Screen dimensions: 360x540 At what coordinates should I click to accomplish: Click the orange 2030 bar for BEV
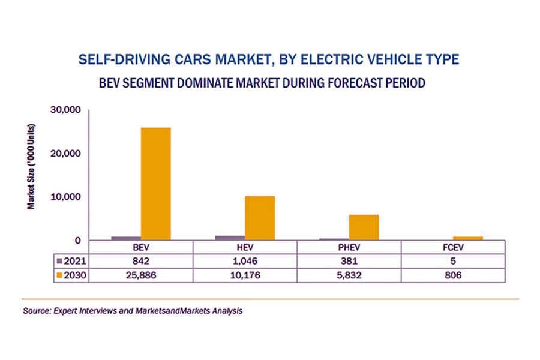pos(155,184)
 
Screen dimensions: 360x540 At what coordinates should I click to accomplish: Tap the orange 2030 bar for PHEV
pos(364,227)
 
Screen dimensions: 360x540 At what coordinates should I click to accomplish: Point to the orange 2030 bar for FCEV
pos(468,238)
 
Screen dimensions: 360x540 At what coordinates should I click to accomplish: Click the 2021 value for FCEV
pos(453,261)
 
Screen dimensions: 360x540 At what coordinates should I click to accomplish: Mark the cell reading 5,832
pos(349,275)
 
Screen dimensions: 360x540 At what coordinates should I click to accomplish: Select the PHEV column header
pos(349,247)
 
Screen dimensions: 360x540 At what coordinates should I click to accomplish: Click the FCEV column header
pos(453,247)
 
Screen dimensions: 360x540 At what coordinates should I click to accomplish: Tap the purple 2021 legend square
pos(58,261)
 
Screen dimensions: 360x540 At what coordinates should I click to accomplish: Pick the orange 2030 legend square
pos(58,275)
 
